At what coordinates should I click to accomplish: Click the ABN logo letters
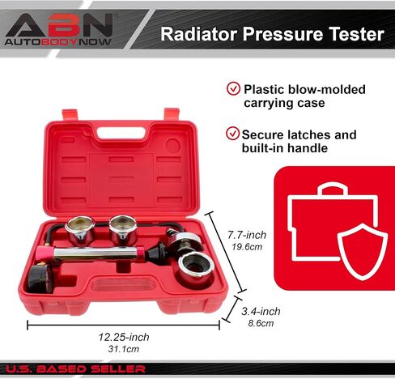(59, 25)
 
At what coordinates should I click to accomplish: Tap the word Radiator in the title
(199, 34)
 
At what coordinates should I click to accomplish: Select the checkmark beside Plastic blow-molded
(233, 88)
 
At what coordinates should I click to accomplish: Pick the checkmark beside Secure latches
(232, 134)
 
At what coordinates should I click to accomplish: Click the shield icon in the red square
(363, 252)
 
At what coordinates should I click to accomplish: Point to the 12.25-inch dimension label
(124, 337)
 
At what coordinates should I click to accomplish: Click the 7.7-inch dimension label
(247, 235)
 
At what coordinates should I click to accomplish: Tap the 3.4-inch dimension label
(261, 312)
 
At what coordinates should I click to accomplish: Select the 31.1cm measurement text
(124, 349)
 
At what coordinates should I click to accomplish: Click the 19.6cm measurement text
(247, 247)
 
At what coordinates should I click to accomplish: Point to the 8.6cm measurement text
(261, 323)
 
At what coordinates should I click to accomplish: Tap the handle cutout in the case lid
(121, 133)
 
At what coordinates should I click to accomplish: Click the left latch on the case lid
(70, 115)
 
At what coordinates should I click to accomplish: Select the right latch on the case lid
(172, 114)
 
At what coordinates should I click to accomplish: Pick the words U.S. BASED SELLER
(75, 369)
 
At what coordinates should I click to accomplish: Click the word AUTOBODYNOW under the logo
(57, 42)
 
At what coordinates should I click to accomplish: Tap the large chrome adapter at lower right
(196, 269)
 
